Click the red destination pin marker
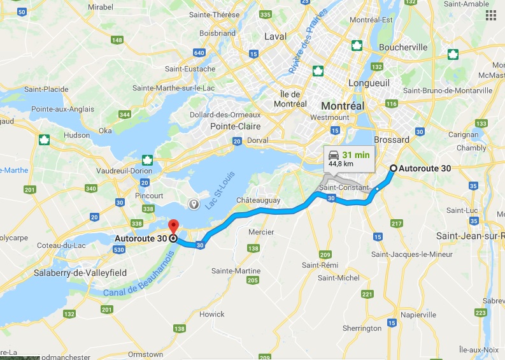pyautogui.click(x=173, y=227)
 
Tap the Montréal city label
pyautogui.click(x=343, y=106)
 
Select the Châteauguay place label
pyautogui.click(x=259, y=200)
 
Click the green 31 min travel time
pyautogui.click(x=356, y=154)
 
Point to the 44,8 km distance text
pyautogui.click(x=341, y=164)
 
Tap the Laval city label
pyautogui.click(x=275, y=36)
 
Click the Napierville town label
pyautogui.click(x=418, y=315)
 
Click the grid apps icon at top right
pyautogui.click(x=490, y=16)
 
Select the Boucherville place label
pyautogui.click(x=402, y=47)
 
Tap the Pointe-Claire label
pyautogui.click(x=232, y=126)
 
